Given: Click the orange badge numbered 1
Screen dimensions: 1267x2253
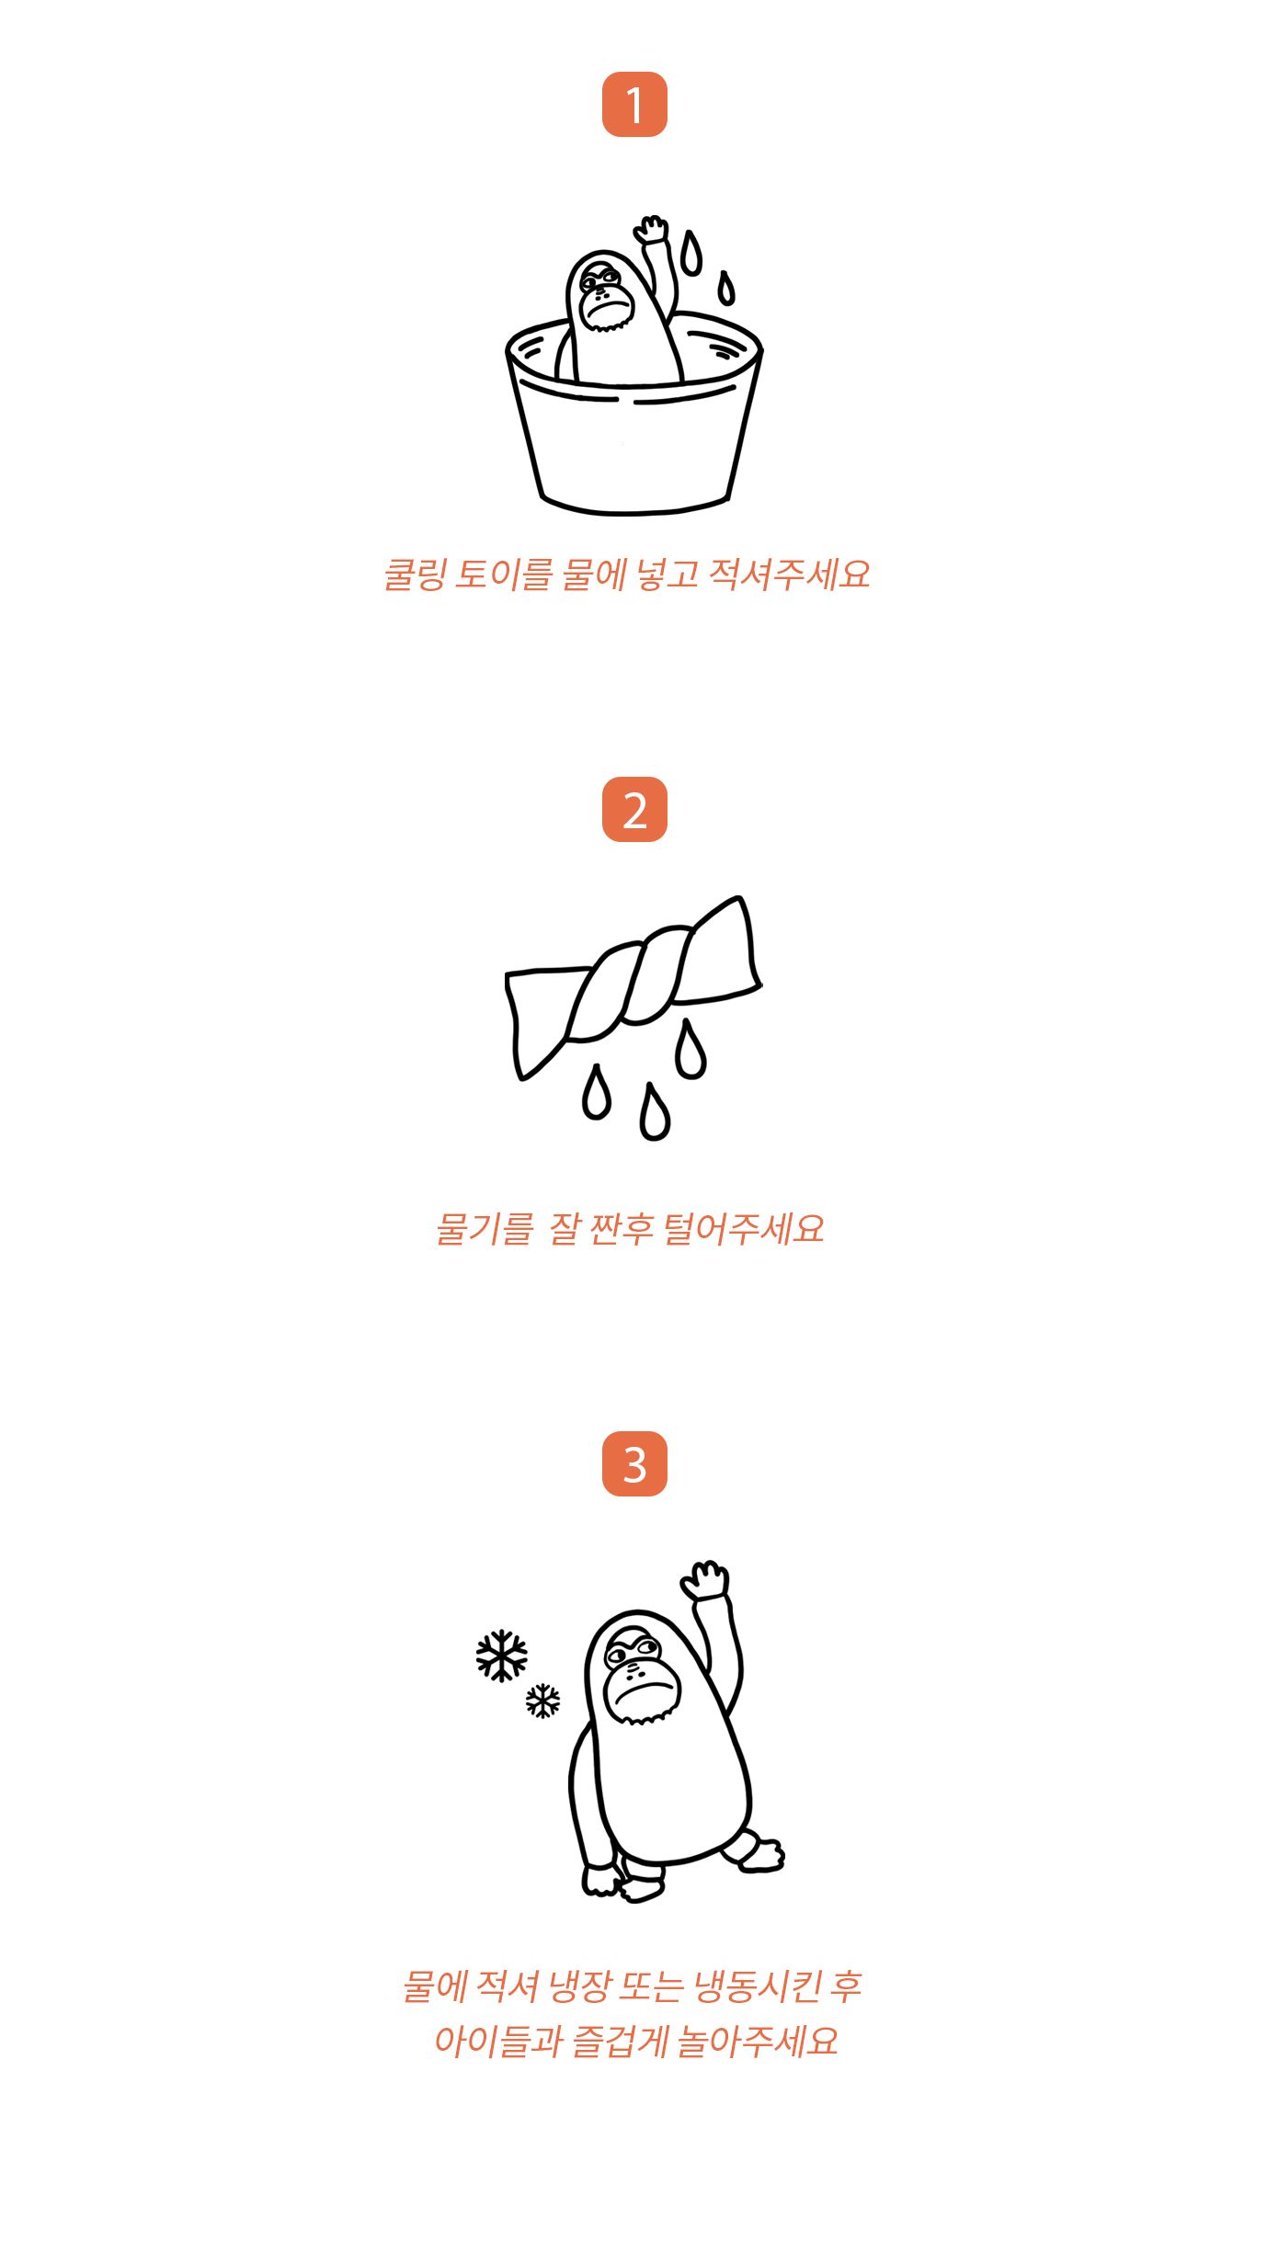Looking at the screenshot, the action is click(x=634, y=104).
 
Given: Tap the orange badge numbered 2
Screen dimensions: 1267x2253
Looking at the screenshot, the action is click(x=634, y=809).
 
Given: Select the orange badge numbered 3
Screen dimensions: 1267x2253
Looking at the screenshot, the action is click(x=634, y=1463).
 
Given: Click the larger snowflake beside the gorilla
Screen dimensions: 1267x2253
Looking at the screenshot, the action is click(x=502, y=1656).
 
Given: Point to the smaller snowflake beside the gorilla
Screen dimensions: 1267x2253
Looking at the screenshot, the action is click(x=542, y=1701).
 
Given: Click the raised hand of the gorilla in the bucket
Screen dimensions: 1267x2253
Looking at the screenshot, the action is click(x=652, y=229).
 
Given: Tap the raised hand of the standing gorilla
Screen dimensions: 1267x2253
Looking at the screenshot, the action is click(x=705, y=1579).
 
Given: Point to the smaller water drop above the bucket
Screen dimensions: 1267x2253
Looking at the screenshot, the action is click(x=726, y=288).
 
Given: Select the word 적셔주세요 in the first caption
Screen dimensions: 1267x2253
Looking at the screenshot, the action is click(x=789, y=575).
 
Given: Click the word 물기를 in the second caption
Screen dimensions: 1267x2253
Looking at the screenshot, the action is click(x=485, y=1229).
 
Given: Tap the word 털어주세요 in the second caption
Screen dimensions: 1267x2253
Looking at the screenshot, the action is click(x=744, y=1229).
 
